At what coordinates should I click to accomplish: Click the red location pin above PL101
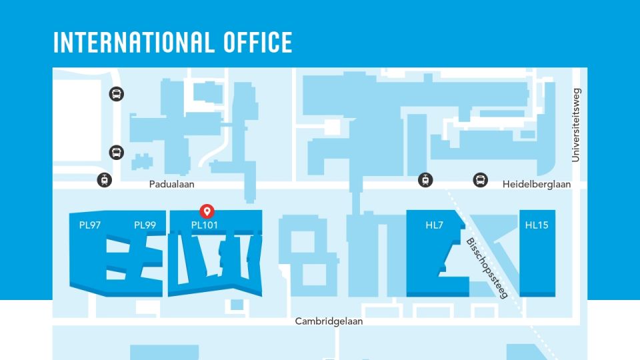point(207,211)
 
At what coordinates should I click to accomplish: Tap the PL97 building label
point(89,225)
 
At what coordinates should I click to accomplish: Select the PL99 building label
point(145,225)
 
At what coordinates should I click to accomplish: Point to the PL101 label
point(205,225)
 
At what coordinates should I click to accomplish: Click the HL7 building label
point(434,225)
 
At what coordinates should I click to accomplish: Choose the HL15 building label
point(536,225)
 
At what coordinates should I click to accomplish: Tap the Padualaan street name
point(171,185)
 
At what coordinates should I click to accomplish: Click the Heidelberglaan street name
point(537,185)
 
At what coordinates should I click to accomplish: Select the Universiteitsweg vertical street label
point(577,125)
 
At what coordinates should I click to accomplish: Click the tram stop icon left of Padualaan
point(105,179)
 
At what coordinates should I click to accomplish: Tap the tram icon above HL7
point(425,179)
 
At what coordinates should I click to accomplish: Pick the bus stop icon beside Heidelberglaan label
point(480,179)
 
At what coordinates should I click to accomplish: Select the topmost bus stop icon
point(117,94)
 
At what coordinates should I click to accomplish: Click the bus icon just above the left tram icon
point(117,153)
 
